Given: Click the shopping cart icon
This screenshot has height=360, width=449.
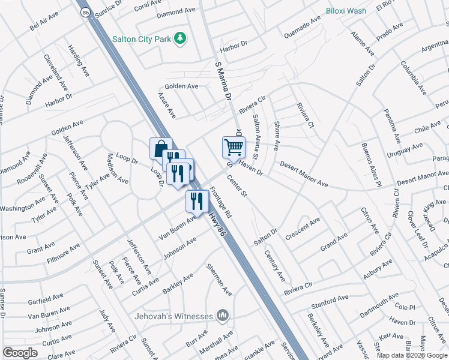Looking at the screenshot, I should tap(234, 146).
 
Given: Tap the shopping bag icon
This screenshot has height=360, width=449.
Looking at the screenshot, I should tap(161, 148).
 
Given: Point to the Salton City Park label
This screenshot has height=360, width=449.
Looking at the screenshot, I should tap(141, 39).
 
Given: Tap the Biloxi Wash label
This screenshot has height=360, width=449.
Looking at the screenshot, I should tap(346, 11).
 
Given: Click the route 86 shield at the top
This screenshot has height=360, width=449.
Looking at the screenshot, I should tap(84, 11).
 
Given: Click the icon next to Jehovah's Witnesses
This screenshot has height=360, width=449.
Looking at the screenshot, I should tap(223, 316).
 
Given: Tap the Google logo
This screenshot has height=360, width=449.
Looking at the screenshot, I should tap(20, 352).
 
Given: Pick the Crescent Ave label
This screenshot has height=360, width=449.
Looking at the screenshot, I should tap(303, 229).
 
